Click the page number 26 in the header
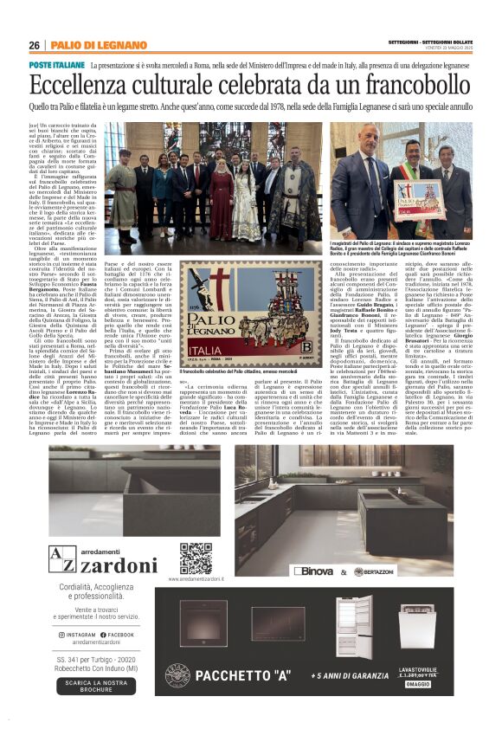[34, 45]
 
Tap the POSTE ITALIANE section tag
[56, 65]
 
